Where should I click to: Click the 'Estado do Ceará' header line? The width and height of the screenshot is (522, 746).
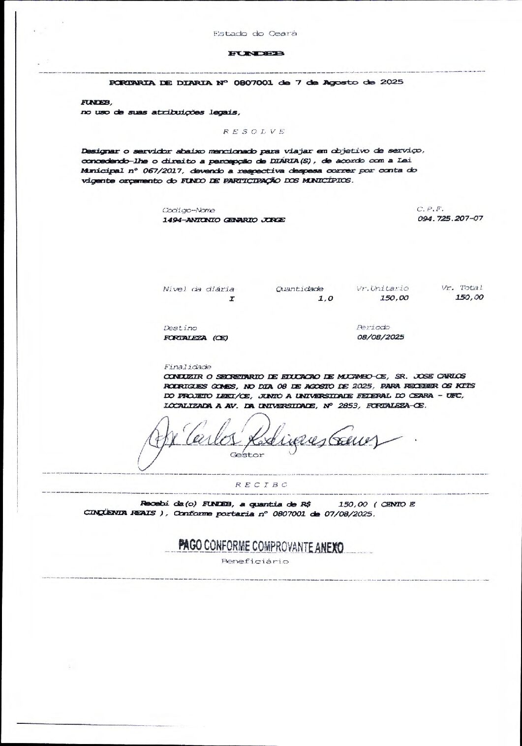[x=255, y=34]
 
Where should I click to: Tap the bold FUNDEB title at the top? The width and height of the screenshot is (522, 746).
[x=256, y=53]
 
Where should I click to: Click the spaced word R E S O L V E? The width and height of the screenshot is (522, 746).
[x=254, y=131]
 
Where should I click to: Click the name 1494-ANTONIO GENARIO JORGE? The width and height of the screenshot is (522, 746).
[x=224, y=220]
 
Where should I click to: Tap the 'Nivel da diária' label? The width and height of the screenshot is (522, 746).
[x=198, y=289]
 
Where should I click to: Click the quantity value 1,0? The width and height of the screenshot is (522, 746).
[x=326, y=298]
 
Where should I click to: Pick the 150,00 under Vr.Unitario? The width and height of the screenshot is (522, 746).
[x=394, y=298]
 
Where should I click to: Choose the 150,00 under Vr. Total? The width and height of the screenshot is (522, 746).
[x=469, y=297]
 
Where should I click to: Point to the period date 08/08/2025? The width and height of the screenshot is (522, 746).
[x=380, y=337]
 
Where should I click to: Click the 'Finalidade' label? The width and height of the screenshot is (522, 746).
[x=186, y=367]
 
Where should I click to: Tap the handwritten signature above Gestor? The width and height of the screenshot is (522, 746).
[x=266, y=436]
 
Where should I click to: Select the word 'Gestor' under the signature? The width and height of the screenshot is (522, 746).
[x=247, y=455]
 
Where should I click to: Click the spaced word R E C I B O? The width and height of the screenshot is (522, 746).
[x=261, y=484]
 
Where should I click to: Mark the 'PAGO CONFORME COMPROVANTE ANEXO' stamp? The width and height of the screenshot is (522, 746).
[x=261, y=546]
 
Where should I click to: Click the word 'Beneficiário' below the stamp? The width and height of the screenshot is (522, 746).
[x=254, y=561]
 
